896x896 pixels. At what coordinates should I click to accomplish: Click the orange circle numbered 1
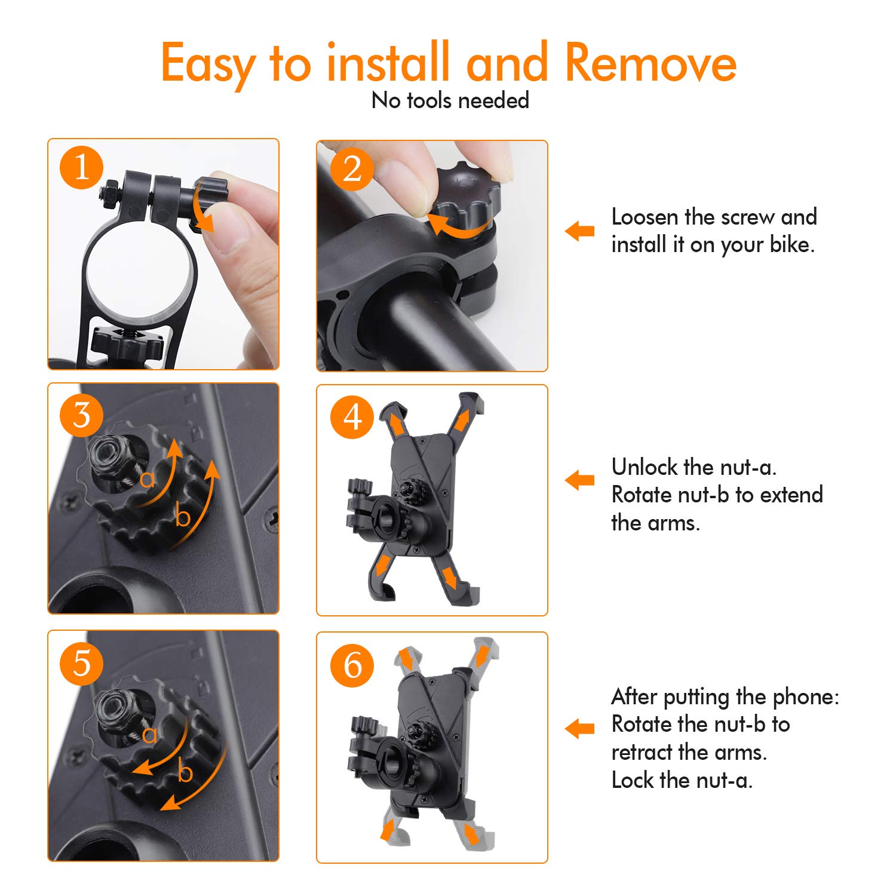tap(82, 168)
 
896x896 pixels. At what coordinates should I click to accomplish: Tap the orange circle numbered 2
tap(352, 169)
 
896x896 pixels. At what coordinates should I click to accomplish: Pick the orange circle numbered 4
tap(352, 417)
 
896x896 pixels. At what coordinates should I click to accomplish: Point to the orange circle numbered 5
tap(82, 664)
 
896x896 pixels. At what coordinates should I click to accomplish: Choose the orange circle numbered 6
tap(352, 665)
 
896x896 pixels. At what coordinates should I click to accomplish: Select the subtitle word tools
tap(429, 100)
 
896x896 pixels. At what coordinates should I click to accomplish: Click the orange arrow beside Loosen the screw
tap(579, 231)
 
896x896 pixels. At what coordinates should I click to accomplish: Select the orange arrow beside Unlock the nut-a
tap(579, 480)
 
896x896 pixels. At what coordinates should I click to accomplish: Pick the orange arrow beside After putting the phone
tap(579, 728)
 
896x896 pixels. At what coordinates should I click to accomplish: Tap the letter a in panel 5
tap(150, 735)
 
